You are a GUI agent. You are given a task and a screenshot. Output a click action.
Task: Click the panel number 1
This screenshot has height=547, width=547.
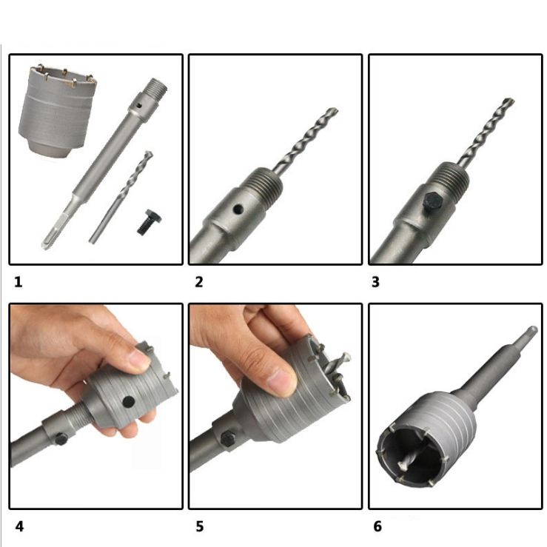coord(19,282)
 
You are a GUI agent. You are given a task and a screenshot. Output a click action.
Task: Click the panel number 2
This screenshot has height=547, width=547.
coord(199,282)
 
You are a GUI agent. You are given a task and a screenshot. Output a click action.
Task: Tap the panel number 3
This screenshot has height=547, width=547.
coord(375,282)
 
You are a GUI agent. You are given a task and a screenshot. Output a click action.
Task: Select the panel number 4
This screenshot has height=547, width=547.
coord(19,526)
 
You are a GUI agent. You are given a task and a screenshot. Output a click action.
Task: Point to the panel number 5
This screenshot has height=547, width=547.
coord(200,526)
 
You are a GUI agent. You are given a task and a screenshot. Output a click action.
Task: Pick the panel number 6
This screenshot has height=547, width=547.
coord(377,526)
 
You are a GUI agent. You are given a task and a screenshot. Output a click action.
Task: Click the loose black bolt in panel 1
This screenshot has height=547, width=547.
coord(148,222)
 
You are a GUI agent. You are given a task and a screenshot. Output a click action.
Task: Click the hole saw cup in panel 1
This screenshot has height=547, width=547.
coord(57,112)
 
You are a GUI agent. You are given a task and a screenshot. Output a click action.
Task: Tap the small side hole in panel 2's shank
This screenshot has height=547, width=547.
coord(238,209)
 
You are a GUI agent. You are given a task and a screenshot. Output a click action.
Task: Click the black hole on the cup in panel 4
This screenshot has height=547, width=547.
coord(129,402)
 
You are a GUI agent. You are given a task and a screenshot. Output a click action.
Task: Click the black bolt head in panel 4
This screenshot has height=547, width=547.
coord(61,439)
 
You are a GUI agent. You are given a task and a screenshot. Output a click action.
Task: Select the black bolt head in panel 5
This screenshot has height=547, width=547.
coord(228,438)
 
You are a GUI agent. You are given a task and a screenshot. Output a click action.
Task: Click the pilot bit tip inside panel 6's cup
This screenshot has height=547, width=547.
coord(402,466)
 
